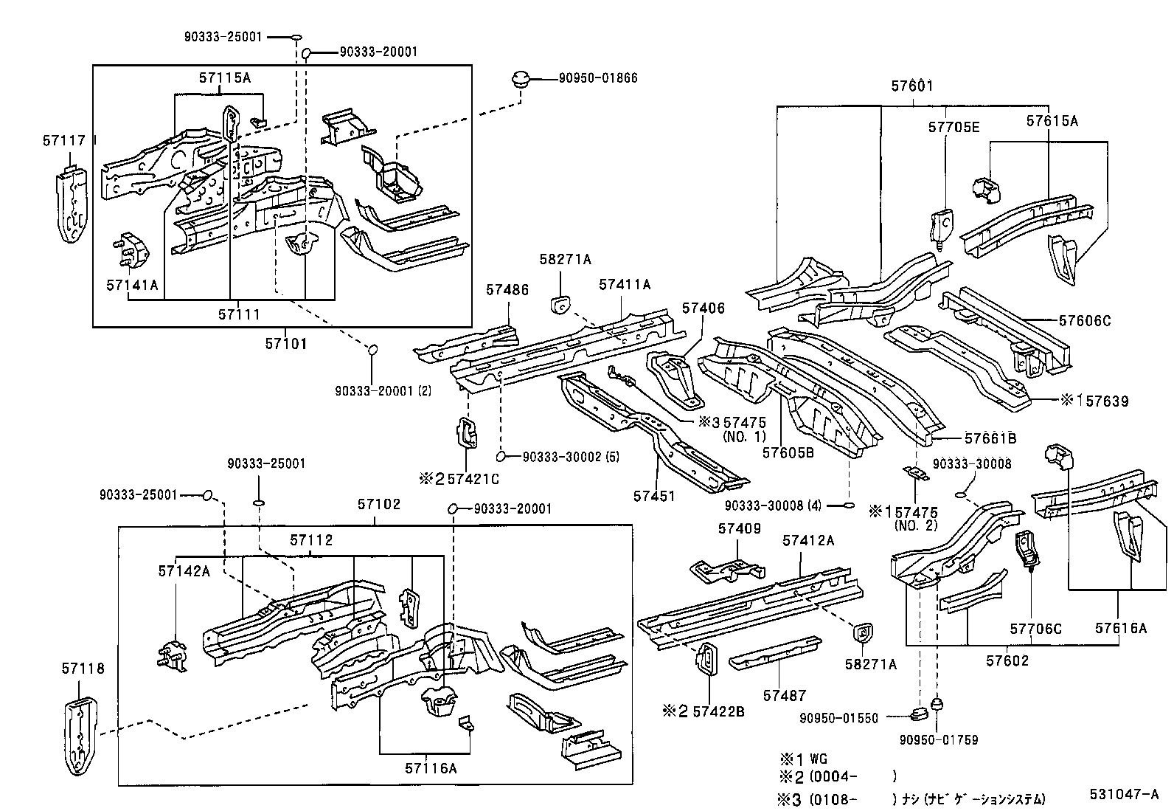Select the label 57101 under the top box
[x=285, y=343]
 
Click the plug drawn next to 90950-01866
[x=521, y=78]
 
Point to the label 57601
[x=911, y=86]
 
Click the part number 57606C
[x=1085, y=320]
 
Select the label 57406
[x=703, y=308]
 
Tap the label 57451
[x=653, y=496]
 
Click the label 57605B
[x=788, y=452]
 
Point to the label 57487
[x=784, y=695]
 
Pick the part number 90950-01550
[x=838, y=718]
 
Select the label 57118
[x=83, y=669]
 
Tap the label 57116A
[x=430, y=768]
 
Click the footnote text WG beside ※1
[x=819, y=759]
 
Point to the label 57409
[x=739, y=528]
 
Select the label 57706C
[x=1035, y=629]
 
